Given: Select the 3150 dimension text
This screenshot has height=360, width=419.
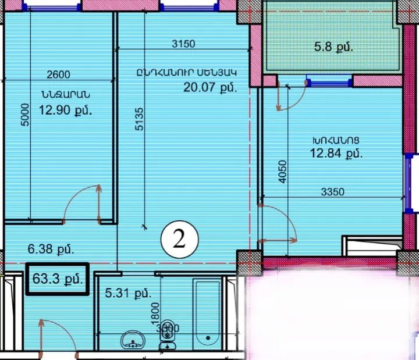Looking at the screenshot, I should click(183, 44).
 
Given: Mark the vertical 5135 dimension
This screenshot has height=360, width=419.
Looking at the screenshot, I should click(139, 121).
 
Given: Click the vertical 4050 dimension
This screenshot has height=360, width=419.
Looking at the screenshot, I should click(282, 171).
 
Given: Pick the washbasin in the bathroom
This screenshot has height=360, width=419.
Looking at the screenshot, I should click(134, 339).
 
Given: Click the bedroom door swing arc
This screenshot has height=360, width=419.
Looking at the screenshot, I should click(81, 201).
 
